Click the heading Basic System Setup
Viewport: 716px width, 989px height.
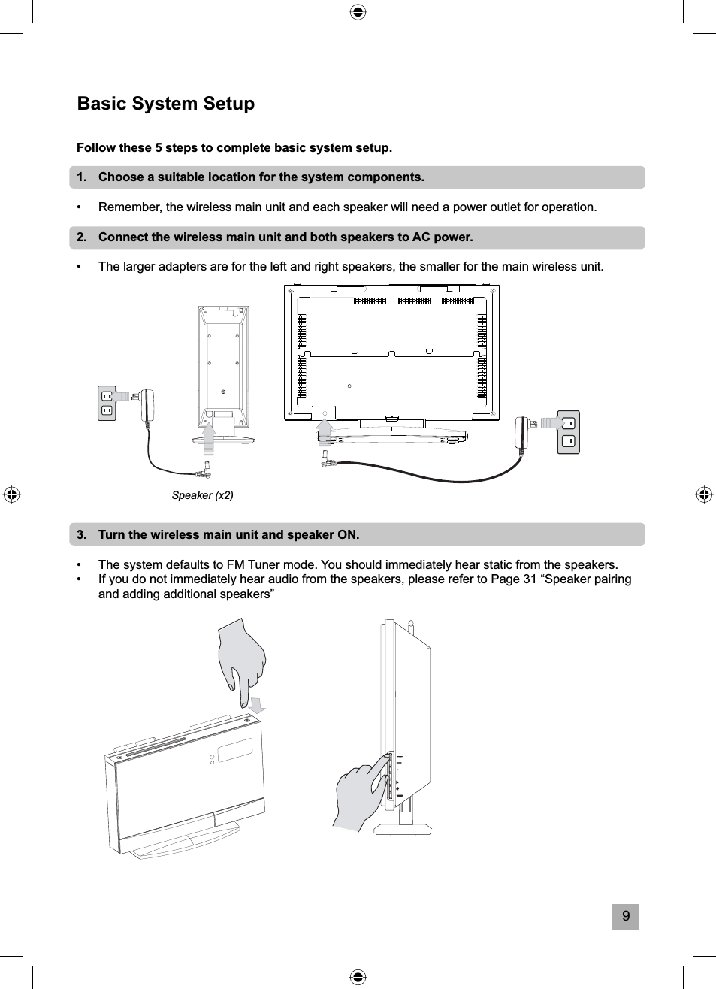point(166,104)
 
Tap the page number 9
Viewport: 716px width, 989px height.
point(625,917)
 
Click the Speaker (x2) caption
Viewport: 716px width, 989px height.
point(202,495)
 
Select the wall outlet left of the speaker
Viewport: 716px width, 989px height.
point(107,403)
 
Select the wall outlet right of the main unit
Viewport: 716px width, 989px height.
point(568,432)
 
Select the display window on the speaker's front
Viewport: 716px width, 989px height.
point(234,749)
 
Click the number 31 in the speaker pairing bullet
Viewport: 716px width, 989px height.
point(529,579)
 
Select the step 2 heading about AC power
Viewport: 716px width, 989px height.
point(285,237)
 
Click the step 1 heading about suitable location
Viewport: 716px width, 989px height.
point(261,177)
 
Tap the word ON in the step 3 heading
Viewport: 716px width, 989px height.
point(348,535)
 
